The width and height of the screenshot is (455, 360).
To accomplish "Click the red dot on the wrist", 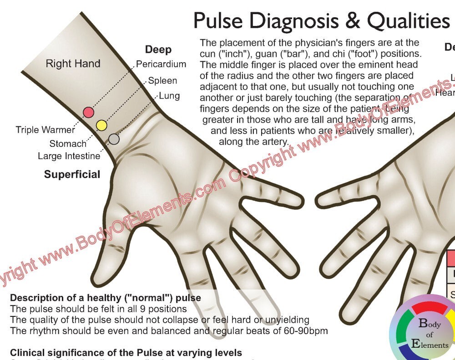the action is tap(88, 112).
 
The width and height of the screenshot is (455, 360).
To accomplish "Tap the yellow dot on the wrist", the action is tap(101, 125).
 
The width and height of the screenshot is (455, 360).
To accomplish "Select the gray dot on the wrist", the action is tap(114, 139).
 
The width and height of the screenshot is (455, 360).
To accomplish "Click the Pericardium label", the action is tap(161, 64).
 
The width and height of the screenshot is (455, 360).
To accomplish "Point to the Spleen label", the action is tap(162, 81).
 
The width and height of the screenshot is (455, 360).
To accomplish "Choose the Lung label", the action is tap(169, 96).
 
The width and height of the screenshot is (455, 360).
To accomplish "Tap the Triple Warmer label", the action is tap(45, 130).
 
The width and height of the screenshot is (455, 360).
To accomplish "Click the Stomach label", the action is tap(68, 144).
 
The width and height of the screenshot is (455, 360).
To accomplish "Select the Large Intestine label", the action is tap(69, 156).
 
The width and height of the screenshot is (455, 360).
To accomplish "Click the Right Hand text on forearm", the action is tap(73, 64).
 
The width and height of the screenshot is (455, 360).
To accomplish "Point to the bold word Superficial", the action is tap(72, 175).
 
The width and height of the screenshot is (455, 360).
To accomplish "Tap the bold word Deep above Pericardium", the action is tap(158, 50).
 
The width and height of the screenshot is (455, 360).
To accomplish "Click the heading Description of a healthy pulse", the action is tap(106, 298).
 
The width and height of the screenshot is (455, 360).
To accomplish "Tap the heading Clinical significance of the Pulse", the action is tap(126, 353).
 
